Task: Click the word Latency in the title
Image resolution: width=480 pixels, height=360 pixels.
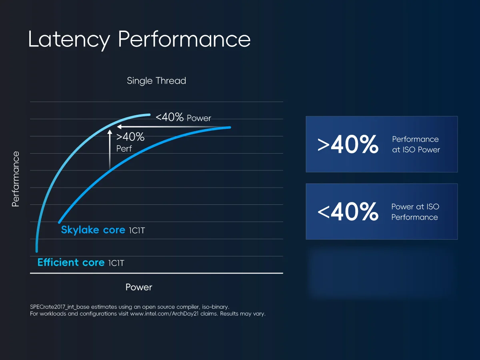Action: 69,40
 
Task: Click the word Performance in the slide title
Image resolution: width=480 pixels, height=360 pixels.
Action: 184,40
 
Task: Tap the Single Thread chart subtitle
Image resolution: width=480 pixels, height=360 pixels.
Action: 156,81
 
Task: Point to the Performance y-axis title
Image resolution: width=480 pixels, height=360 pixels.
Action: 16,179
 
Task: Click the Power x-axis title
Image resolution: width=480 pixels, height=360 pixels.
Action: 139,287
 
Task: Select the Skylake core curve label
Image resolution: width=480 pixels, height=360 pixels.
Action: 93,230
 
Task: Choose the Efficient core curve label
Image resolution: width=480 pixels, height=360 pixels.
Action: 71,262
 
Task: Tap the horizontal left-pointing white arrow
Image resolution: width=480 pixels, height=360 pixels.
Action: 172,127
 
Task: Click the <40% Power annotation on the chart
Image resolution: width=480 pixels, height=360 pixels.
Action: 183,118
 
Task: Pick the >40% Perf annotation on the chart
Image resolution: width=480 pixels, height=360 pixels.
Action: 130,142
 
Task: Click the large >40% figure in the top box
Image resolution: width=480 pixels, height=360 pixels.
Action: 348,145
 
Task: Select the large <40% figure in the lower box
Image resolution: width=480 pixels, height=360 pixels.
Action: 348,212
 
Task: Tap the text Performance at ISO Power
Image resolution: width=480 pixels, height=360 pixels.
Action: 416,144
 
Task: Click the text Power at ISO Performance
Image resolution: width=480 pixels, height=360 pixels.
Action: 415,212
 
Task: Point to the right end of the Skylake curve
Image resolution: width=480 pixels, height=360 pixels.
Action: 230,128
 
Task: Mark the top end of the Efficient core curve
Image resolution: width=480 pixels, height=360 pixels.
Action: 149,114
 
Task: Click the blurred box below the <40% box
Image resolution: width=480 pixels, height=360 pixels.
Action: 382,273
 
